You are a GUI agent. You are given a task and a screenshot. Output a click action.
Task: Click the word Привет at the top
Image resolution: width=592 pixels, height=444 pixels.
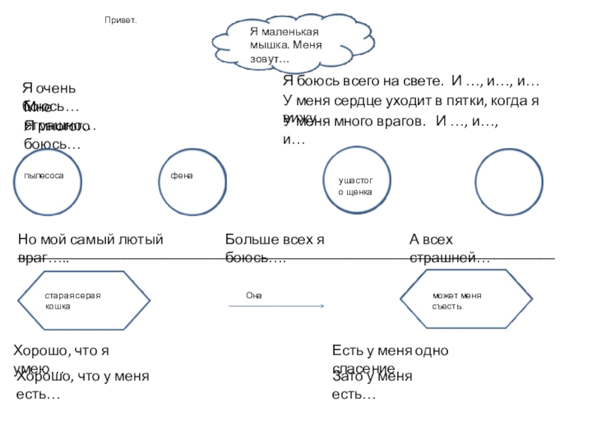click(121, 21)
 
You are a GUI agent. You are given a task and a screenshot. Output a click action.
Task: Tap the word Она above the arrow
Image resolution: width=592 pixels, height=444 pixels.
click(254, 295)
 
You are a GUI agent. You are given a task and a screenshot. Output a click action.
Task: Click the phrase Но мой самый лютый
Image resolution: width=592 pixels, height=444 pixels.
click(90, 240)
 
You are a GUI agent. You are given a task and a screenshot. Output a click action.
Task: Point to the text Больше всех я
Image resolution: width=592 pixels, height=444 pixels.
click(275, 240)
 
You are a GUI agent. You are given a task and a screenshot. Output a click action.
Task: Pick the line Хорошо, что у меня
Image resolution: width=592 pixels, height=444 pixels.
click(83, 377)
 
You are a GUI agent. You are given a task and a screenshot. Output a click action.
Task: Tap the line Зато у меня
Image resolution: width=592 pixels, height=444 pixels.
click(372, 377)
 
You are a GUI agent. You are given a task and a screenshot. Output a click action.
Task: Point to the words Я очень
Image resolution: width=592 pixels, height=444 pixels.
click(49, 90)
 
